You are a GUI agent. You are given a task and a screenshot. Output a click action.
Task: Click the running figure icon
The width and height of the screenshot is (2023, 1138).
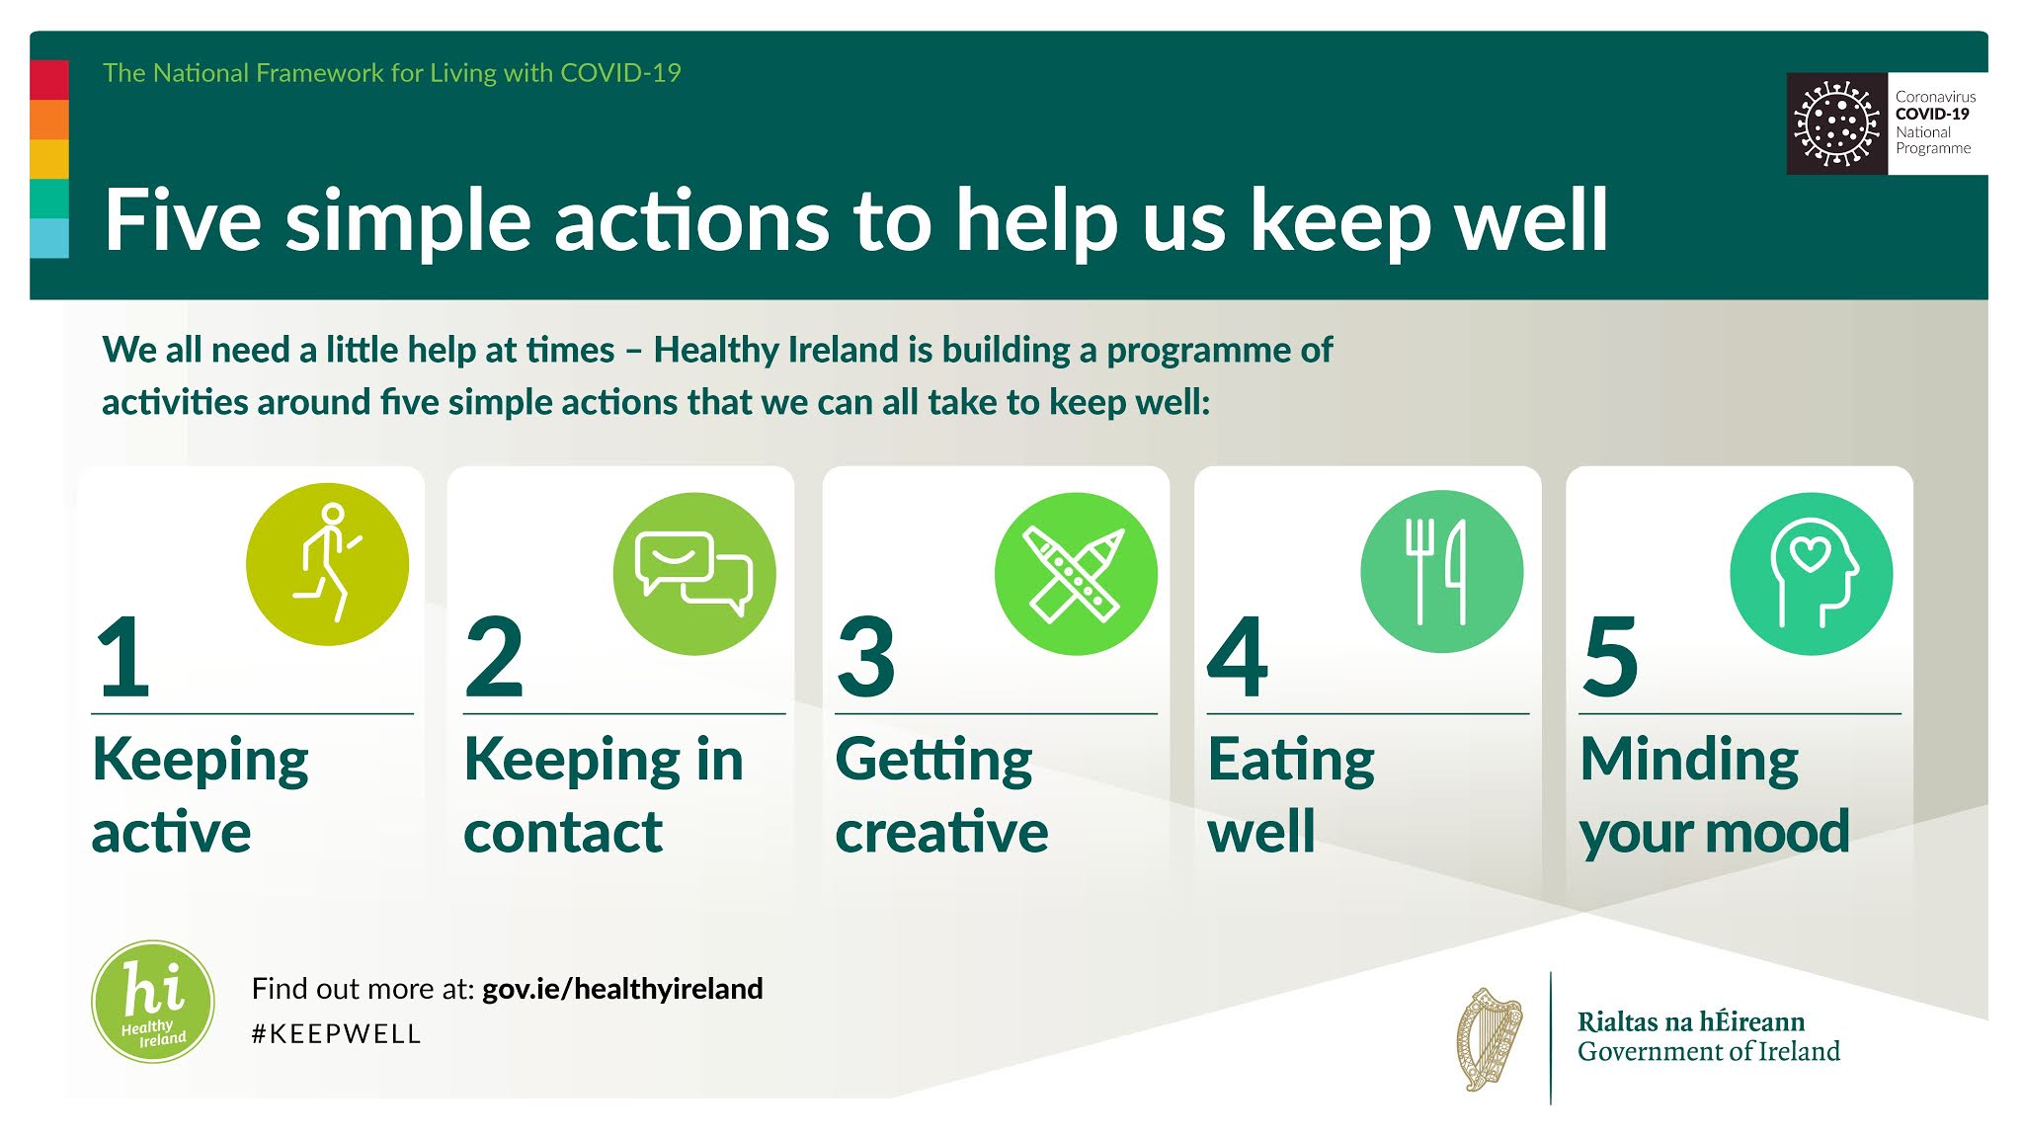click(327, 564)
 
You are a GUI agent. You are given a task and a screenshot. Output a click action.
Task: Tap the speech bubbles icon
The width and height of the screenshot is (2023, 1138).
click(694, 574)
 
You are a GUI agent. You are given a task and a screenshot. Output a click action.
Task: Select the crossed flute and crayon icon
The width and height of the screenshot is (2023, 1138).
click(1076, 574)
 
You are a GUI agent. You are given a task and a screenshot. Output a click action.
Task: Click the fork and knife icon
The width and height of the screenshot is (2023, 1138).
click(1441, 572)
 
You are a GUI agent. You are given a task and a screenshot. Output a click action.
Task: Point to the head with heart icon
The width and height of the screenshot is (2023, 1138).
click(1812, 574)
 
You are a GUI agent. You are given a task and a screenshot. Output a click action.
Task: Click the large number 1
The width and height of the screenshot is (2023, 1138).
click(123, 656)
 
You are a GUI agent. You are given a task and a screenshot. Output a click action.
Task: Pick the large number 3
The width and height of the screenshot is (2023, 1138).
click(866, 656)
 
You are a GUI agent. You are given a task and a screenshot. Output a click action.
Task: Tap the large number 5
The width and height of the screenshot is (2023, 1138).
click(1610, 656)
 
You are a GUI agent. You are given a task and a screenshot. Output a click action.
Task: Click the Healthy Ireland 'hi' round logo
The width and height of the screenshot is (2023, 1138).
click(153, 1002)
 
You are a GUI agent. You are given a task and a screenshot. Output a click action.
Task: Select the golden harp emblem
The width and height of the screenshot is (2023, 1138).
click(1490, 1039)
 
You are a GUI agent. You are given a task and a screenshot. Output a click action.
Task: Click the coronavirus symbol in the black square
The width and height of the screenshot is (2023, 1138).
click(1836, 124)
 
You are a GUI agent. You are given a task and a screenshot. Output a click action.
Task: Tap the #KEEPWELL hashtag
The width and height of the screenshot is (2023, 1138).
click(337, 1034)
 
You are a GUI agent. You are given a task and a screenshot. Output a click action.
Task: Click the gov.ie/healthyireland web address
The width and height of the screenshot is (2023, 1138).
click(622, 989)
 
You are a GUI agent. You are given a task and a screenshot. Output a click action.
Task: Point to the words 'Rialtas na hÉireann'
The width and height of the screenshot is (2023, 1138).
click(1690, 1021)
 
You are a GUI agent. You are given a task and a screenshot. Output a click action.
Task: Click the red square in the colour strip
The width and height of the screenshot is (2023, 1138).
click(49, 80)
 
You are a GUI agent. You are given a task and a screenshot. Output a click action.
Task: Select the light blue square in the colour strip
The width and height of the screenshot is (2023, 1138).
click(49, 238)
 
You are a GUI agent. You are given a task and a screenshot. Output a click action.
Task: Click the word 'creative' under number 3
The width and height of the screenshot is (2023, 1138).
click(941, 832)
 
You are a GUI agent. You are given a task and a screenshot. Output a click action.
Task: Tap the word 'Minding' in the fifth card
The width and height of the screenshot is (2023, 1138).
click(1689, 761)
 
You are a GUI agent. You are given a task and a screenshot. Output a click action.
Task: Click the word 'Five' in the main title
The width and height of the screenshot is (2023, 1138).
click(183, 219)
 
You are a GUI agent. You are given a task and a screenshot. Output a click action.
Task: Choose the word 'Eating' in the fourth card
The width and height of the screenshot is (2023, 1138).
click(1291, 761)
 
